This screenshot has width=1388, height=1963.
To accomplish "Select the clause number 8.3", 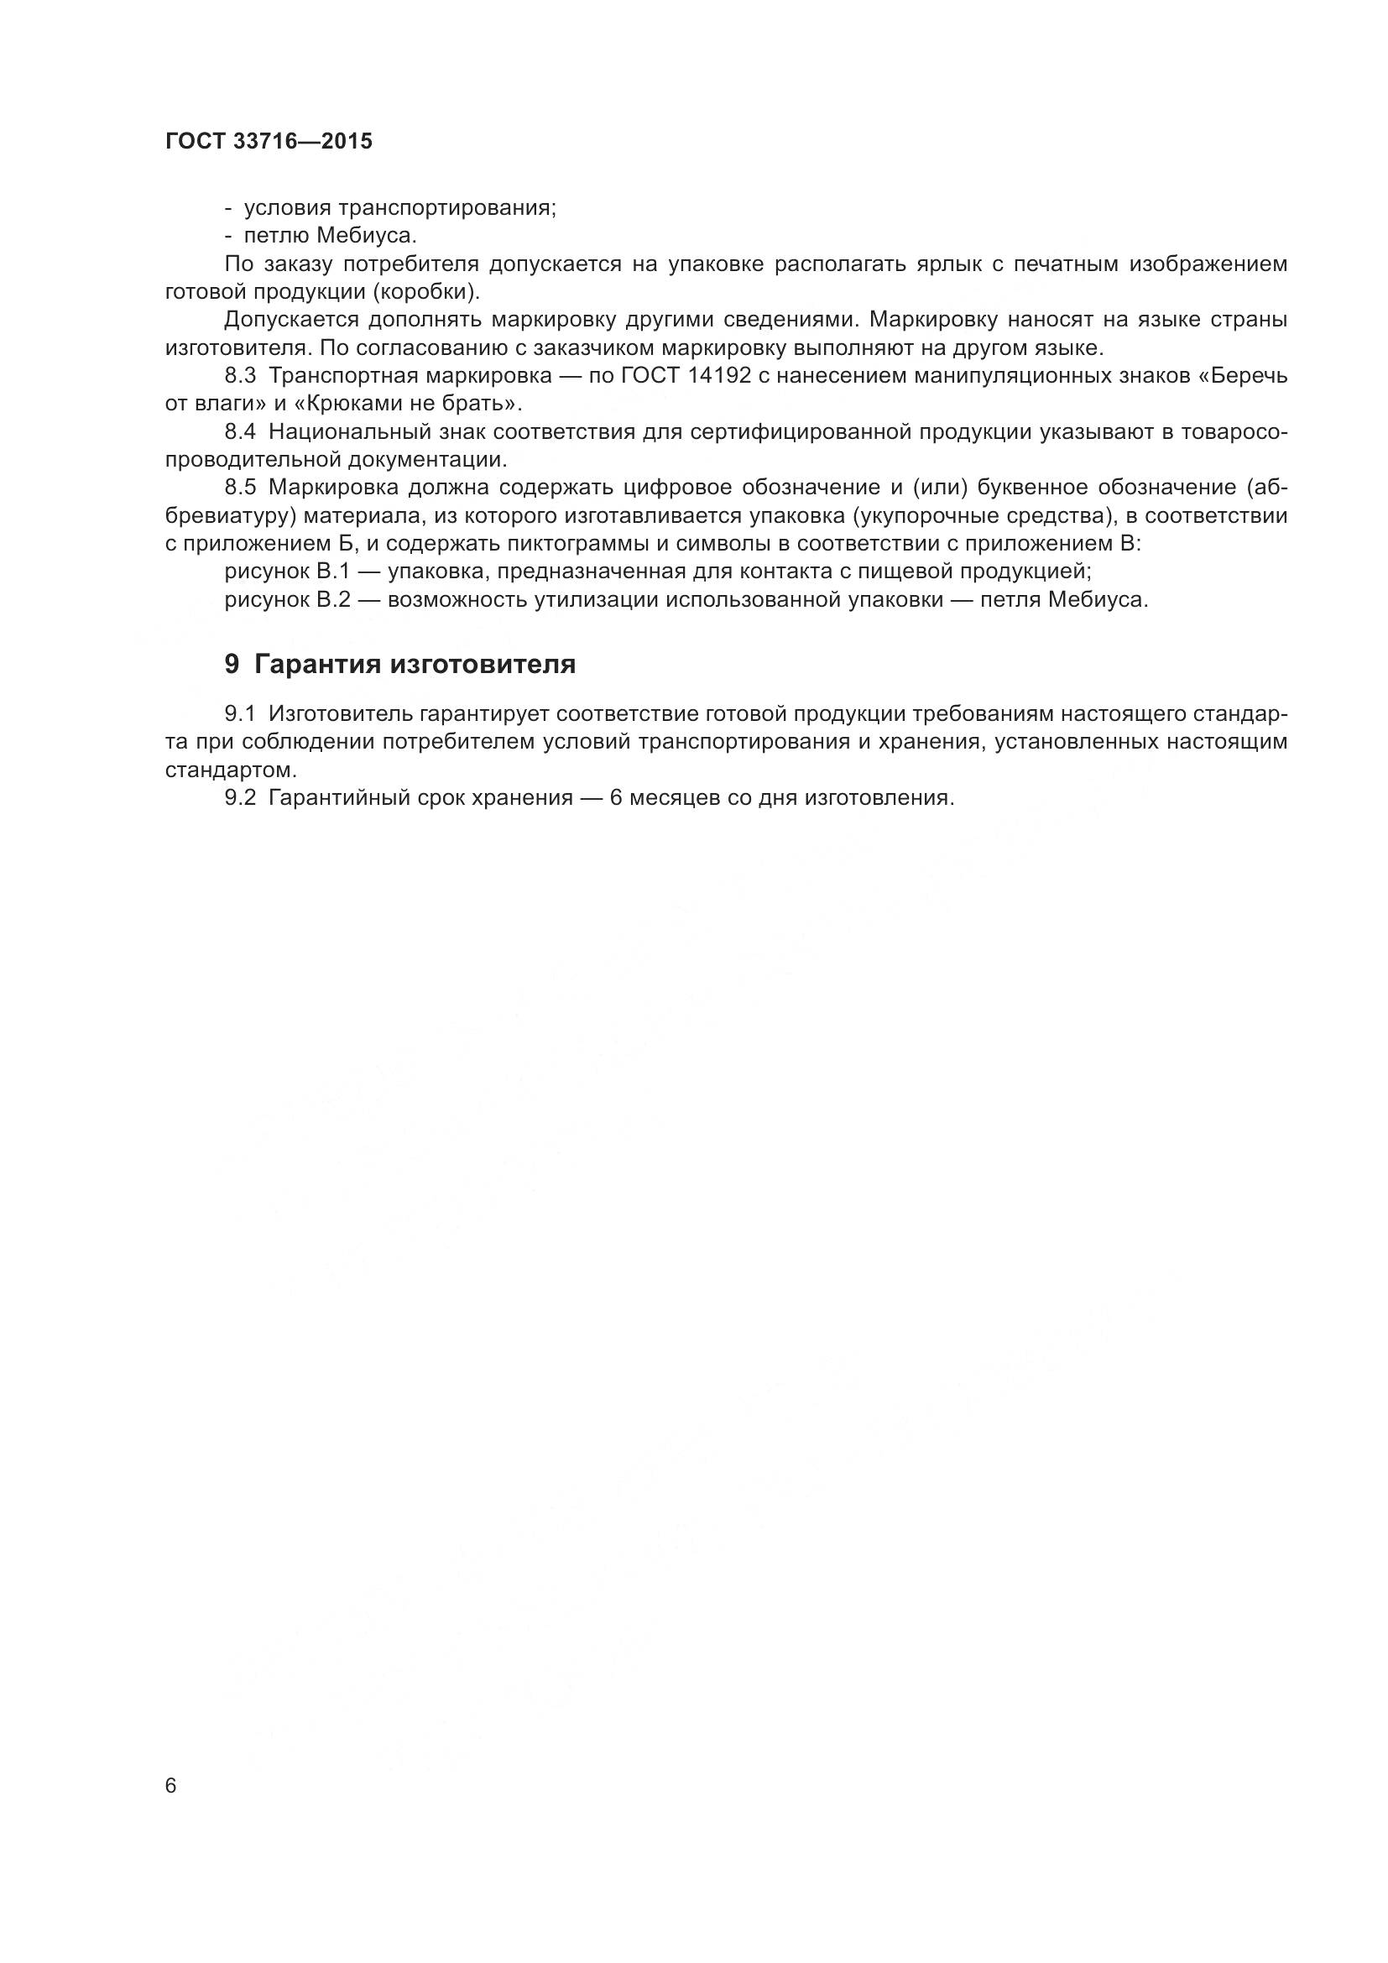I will pyautogui.click(x=241, y=376).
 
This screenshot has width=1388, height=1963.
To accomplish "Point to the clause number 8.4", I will pyautogui.click(x=241, y=431).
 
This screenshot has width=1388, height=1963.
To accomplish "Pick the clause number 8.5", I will pyautogui.click(x=241, y=488).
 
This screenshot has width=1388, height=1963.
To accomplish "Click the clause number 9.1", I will pyautogui.click(x=241, y=714).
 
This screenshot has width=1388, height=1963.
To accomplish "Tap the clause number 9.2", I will pyautogui.click(x=241, y=797).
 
